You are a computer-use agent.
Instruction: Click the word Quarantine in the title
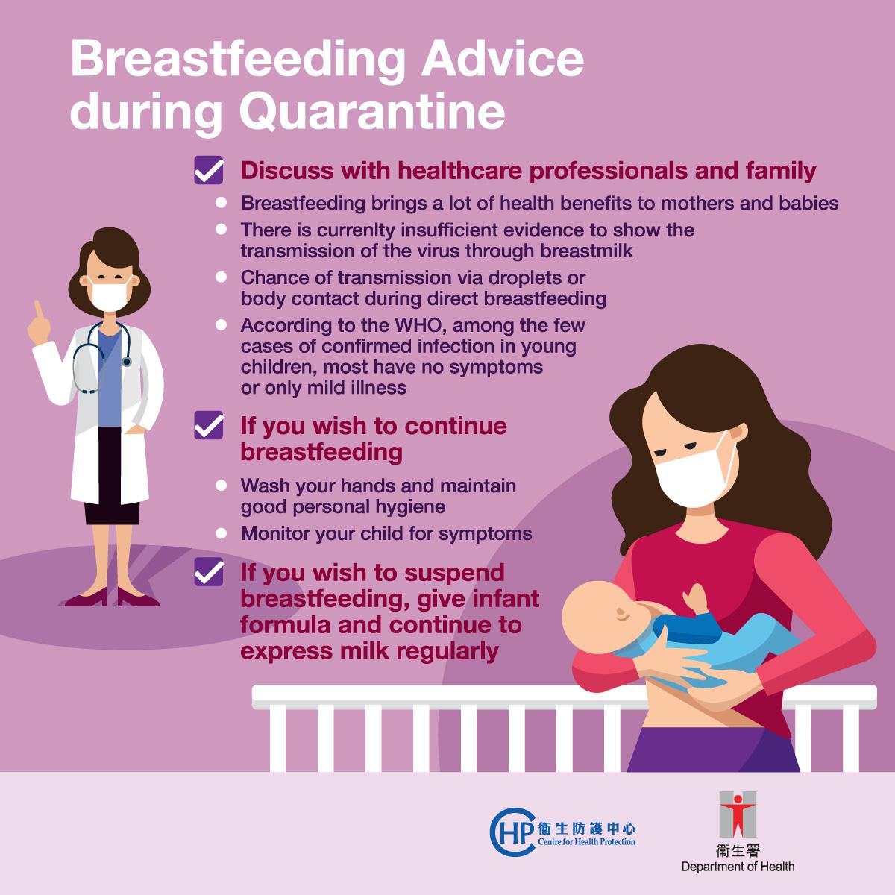pyautogui.click(x=372, y=113)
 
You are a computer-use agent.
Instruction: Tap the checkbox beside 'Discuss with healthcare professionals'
pyautogui.click(x=209, y=170)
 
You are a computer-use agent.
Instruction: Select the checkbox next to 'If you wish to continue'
pyautogui.click(x=209, y=425)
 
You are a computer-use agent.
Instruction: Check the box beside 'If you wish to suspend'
pyautogui.click(x=209, y=572)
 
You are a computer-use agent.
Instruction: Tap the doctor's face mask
pyautogui.click(x=109, y=295)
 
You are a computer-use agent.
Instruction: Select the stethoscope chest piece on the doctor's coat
pyautogui.click(x=126, y=361)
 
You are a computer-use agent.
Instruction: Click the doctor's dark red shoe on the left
pyautogui.click(x=87, y=598)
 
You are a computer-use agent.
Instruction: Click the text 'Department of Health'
pyautogui.click(x=738, y=866)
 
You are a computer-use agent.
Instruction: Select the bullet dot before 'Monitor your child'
pyautogui.click(x=221, y=533)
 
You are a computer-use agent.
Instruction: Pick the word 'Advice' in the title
pyautogui.click(x=503, y=60)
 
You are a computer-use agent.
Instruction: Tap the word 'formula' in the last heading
pyautogui.click(x=284, y=625)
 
